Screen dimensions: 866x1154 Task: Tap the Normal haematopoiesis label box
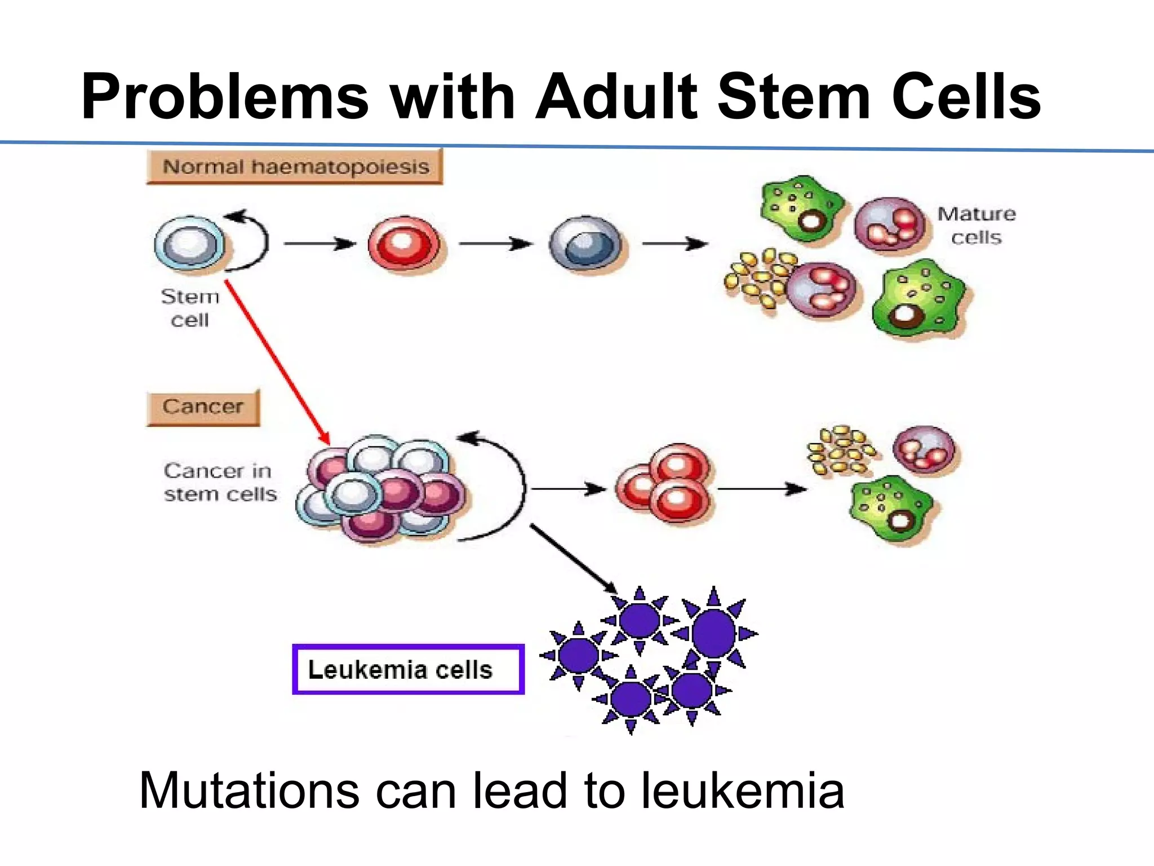[x=295, y=167]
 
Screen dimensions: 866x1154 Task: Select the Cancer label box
[x=203, y=407]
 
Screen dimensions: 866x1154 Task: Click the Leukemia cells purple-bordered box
[x=408, y=669]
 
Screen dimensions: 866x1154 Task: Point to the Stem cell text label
[x=190, y=308]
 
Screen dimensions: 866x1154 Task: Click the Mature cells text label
[x=977, y=226]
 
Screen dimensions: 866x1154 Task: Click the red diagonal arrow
[x=276, y=361]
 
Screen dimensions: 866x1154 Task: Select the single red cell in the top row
[x=404, y=244]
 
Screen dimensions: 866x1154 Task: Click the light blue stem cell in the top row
[x=189, y=244]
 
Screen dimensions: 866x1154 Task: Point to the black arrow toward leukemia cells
[x=572, y=558]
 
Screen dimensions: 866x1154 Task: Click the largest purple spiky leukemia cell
[x=713, y=633]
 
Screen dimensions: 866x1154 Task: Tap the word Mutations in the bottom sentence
[x=248, y=790]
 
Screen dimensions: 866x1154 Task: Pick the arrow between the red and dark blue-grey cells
[x=495, y=244]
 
